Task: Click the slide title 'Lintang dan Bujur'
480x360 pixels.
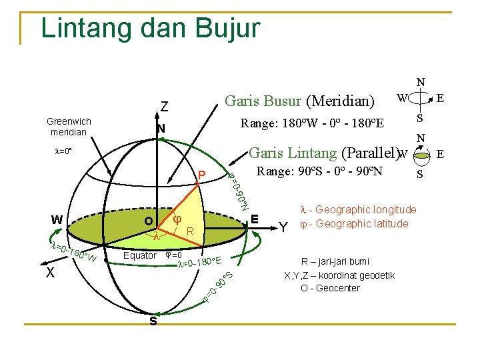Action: (150, 29)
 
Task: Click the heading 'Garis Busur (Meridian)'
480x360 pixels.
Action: (299, 101)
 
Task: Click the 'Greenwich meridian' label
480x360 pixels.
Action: (69, 126)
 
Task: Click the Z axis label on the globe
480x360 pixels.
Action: (163, 106)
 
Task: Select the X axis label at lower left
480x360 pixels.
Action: (50, 273)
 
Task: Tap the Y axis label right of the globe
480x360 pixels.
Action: (283, 227)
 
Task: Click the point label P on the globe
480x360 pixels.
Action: (201, 175)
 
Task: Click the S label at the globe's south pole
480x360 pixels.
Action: (153, 321)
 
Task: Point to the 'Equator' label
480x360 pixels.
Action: (140, 256)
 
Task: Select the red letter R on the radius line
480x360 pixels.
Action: (189, 232)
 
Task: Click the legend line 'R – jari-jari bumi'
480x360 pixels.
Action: (335, 261)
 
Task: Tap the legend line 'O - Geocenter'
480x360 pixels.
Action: (330, 288)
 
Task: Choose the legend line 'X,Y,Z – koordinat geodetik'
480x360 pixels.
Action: (339, 275)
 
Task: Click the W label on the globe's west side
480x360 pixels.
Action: (57, 219)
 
